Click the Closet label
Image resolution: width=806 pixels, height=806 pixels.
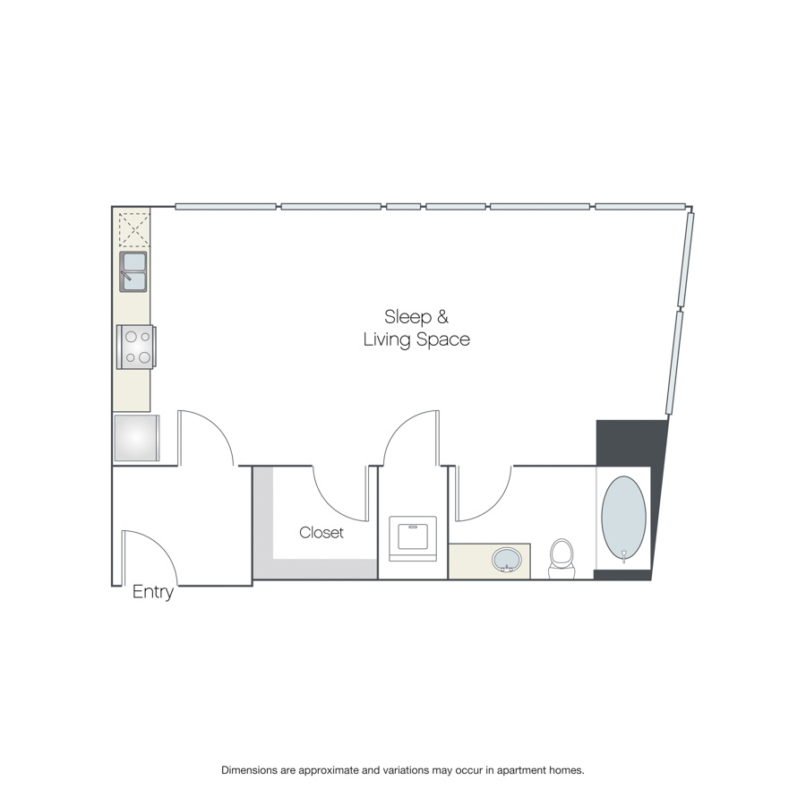click(322, 533)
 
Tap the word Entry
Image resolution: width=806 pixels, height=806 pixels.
click(152, 592)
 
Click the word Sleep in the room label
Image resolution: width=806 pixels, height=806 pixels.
click(407, 317)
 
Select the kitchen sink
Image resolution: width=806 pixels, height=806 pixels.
click(133, 271)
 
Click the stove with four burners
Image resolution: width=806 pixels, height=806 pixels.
click(136, 347)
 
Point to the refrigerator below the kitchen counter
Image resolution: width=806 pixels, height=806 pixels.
click(136, 438)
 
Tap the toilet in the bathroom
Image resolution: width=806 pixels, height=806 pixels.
click(561, 559)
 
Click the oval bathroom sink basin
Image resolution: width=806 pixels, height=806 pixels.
click(506, 559)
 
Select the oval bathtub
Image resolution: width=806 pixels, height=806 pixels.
click(623, 519)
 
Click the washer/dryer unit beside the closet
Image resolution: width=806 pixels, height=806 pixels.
click(413, 539)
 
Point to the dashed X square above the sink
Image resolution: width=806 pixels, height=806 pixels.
click(133, 230)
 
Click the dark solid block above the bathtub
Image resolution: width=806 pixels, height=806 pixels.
click(631, 442)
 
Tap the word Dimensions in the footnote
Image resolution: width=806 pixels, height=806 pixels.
click(249, 770)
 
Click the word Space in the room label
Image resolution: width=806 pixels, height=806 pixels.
click(443, 339)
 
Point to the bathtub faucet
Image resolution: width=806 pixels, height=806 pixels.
click(624, 556)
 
